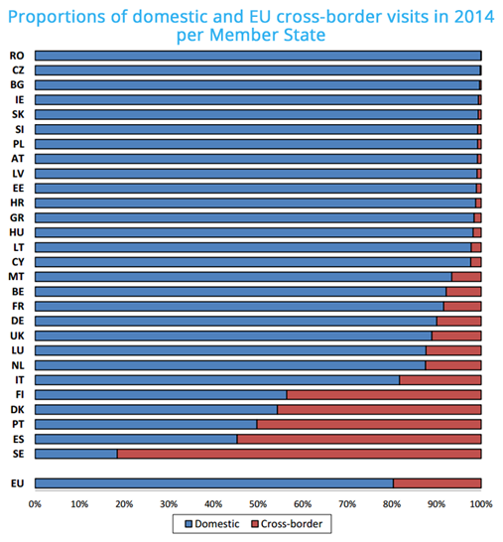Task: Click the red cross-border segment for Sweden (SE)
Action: (x=300, y=454)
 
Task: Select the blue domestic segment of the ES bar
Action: (x=136, y=439)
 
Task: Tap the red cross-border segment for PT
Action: (x=369, y=424)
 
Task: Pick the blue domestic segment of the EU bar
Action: (x=214, y=483)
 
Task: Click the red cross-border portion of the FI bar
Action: (x=384, y=395)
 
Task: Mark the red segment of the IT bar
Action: (x=440, y=380)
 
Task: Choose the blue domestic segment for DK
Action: (x=156, y=410)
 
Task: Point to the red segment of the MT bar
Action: (x=466, y=277)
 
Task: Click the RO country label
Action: (x=17, y=56)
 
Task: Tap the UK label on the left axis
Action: (x=17, y=336)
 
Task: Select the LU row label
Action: (x=17, y=350)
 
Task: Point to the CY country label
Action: (x=18, y=262)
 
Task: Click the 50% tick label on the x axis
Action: (x=258, y=504)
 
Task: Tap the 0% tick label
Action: (x=35, y=504)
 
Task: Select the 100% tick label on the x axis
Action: (x=481, y=504)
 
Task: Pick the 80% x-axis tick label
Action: (x=392, y=504)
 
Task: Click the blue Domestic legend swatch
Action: (x=189, y=524)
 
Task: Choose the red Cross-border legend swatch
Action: (x=255, y=524)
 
